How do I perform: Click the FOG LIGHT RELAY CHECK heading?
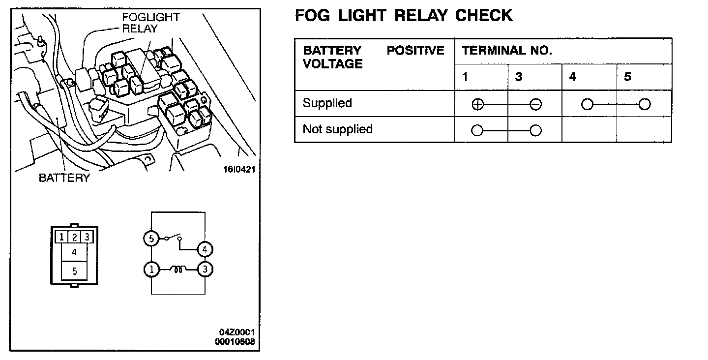(x=403, y=16)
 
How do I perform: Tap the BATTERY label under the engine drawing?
(x=64, y=178)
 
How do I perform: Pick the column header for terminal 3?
(x=519, y=77)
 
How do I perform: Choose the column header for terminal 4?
(x=573, y=77)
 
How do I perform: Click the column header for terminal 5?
(x=627, y=77)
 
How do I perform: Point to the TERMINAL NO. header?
(x=507, y=51)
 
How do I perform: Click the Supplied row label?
(x=327, y=103)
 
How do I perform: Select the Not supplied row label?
(x=337, y=129)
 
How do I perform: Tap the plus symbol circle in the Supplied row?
(x=477, y=104)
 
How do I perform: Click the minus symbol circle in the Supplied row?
(x=536, y=104)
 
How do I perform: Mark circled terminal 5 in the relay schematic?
(x=151, y=239)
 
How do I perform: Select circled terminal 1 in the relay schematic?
(x=151, y=270)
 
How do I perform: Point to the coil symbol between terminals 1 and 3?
(x=177, y=269)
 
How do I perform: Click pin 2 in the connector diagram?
(x=74, y=237)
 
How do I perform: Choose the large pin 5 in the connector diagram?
(x=74, y=271)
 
